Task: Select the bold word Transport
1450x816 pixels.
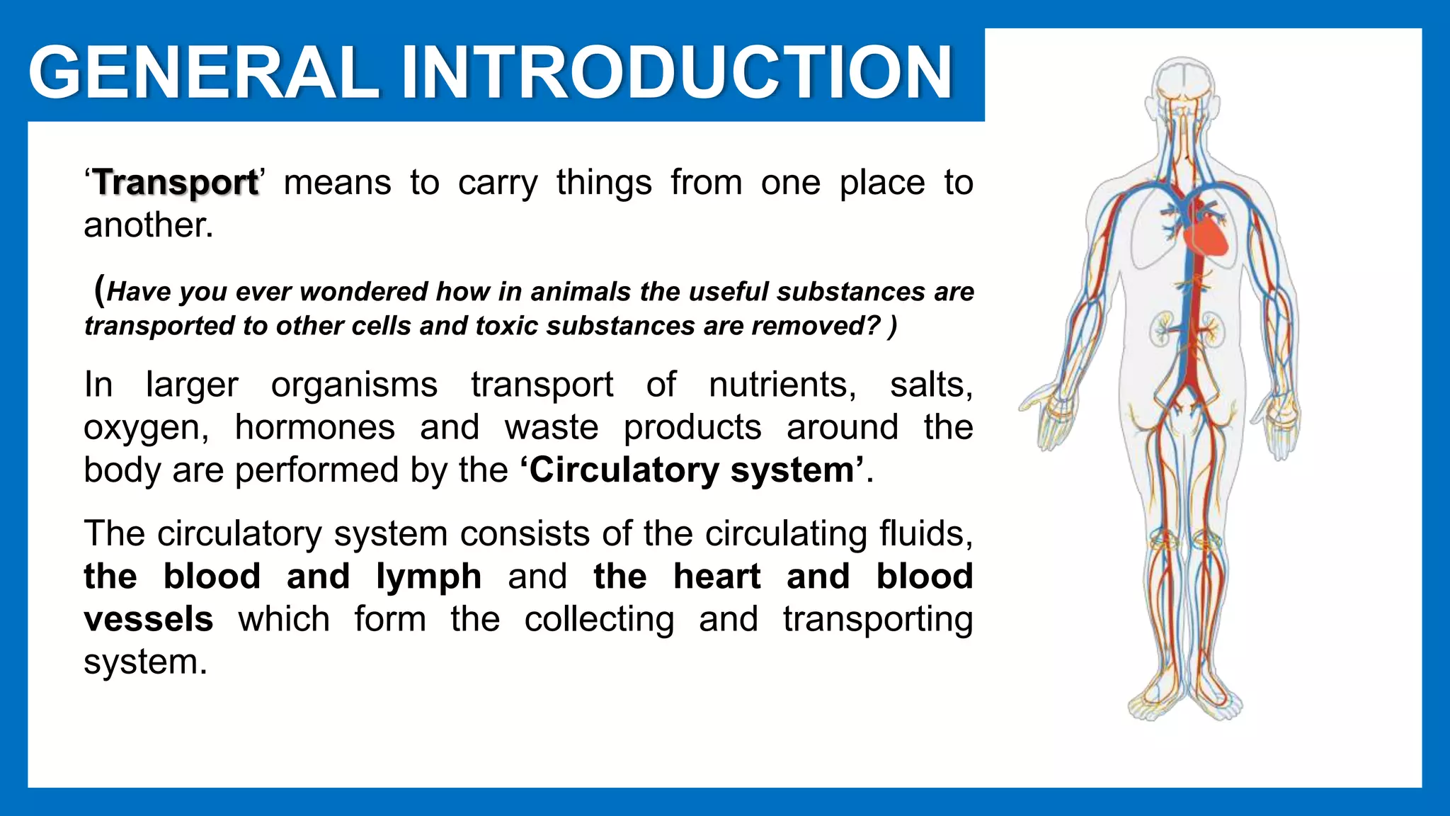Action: coord(176,183)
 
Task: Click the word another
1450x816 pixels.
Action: coord(148,225)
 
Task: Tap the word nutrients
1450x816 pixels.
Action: coord(782,385)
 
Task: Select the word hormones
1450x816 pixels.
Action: coord(315,428)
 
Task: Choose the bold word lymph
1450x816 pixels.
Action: coord(429,576)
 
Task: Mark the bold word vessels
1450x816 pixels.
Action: coord(149,619)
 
